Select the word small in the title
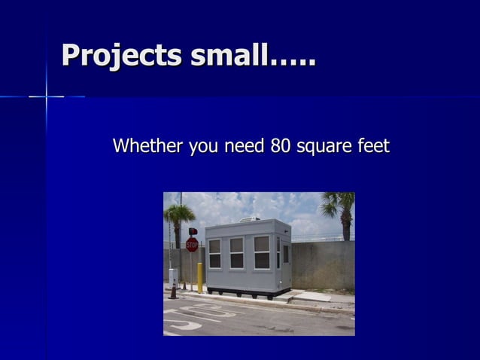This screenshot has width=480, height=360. [x=225, y=55]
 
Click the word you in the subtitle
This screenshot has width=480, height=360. [x=203, y=146]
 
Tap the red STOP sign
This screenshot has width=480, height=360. [x=192, y=244]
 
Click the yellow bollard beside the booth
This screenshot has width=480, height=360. [x=200, y=276]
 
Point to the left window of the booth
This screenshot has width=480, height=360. [x=214, y=254]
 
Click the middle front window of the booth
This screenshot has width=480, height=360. [x=236, y=253]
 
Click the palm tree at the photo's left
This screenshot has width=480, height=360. [x=179, y=218]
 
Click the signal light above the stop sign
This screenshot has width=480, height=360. [x=193, y=231]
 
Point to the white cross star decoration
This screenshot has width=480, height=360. [x=47, y=96]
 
